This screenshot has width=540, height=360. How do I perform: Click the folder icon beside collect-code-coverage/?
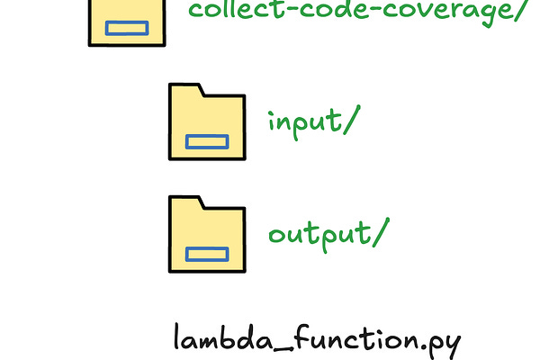126,22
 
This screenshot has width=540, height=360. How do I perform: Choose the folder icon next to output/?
206,234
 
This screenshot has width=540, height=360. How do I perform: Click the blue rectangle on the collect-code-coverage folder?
127,28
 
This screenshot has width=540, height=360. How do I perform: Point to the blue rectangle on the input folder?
207,141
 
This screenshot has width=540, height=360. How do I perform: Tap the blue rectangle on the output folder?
207,254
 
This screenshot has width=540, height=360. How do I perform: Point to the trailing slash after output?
382,233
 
